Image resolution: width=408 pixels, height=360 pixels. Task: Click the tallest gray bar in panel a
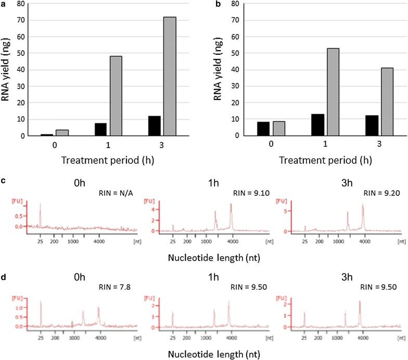click(x=169, y=76)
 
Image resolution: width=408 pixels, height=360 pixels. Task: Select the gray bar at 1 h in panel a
click(x=115, y=96)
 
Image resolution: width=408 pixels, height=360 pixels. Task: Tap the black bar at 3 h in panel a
click(x=154, y=126)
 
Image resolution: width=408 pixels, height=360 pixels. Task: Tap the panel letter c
click(x=4, y=181)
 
